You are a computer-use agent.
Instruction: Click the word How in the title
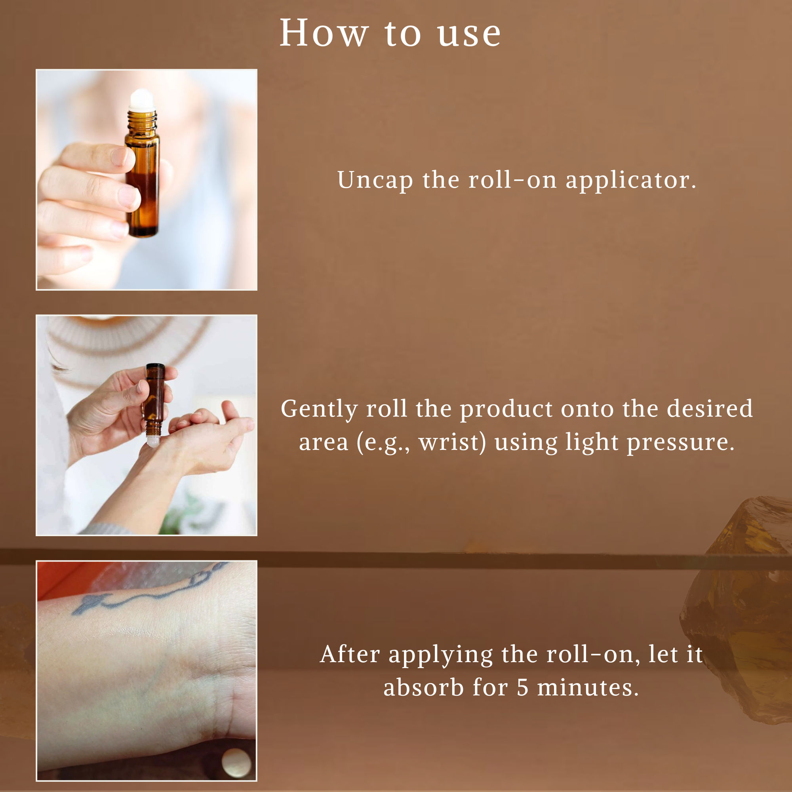[x=324, y=34]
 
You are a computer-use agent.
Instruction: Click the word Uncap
[x=375, y=180]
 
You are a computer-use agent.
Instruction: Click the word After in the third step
[x=350, y=654]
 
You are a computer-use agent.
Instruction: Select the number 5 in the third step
[x=522, y=688]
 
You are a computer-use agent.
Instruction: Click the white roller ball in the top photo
[x=142, y=98]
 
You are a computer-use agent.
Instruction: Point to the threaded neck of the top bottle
[x=142, y=119]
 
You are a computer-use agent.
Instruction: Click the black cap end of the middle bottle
[x=155, y=366]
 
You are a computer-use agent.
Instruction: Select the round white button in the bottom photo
[x=236, y=762]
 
